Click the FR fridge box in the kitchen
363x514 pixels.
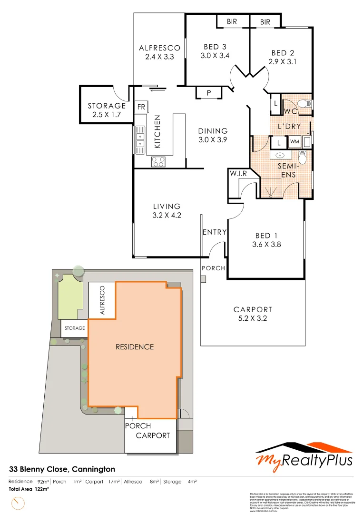[141, 107]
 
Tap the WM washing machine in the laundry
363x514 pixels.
[294, 142]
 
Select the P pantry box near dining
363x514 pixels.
[208, 93]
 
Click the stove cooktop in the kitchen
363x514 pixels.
[158, 162]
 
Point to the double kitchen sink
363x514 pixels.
[140, 140]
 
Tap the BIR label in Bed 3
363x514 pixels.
[232, 22]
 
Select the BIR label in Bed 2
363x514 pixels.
[265, 22]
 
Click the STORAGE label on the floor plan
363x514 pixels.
[107, 106]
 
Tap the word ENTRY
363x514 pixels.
[214, 232]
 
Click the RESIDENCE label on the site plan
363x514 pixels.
[135, 346]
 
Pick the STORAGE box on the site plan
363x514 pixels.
[75, 328]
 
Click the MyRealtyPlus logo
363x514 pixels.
[304, 455]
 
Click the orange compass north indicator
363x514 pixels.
[20, 503]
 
